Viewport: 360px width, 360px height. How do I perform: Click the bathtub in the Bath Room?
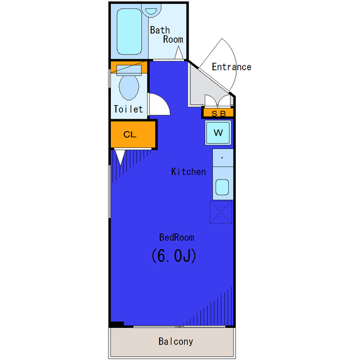(129, 31)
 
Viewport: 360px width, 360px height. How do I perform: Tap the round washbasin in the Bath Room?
(151, 10)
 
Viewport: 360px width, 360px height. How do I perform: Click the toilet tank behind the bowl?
(129, 70)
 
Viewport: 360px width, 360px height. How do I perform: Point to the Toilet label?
(128, 109)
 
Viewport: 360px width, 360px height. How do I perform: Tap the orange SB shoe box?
(218, 112)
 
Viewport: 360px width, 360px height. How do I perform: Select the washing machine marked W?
(218, 133)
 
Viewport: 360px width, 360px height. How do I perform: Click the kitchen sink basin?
(222, 187)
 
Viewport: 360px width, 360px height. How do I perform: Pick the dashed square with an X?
(221, 212)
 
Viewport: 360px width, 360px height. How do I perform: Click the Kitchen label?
(188, 172)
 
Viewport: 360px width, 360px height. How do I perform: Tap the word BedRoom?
(177, 237)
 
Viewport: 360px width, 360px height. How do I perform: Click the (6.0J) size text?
(174, 255)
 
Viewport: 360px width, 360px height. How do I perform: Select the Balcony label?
(175, 341)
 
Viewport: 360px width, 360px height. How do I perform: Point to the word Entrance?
(231, 67)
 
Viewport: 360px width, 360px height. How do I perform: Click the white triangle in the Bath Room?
(179, 52)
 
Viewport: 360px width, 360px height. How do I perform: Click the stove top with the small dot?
(223, 157)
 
